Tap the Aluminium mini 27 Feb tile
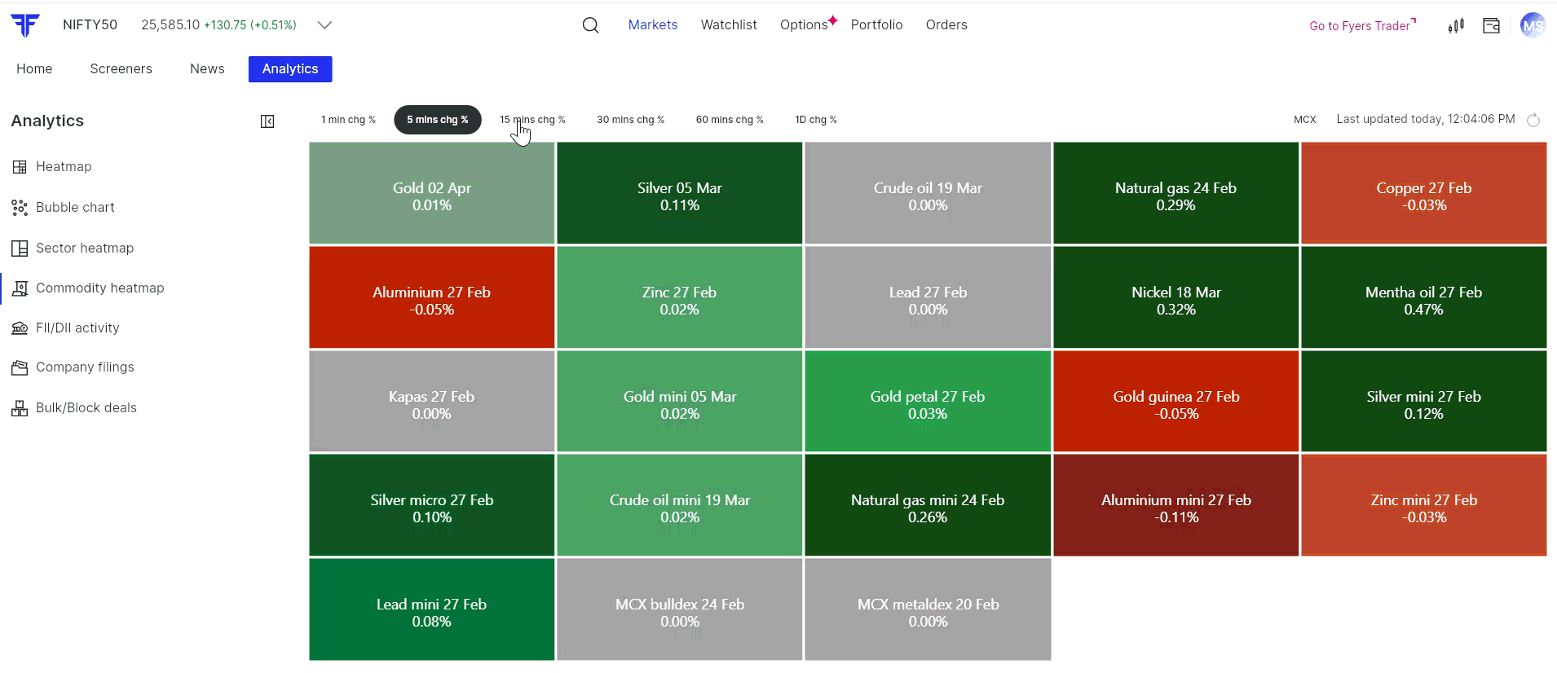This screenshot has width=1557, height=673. point(1175,506)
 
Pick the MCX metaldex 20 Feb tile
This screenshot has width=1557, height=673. point(928,610)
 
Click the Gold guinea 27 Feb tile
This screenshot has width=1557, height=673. point(1175,402)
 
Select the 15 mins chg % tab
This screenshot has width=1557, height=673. point(532,120)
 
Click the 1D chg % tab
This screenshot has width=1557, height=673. point(815,120)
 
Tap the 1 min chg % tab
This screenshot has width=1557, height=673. point(348,120)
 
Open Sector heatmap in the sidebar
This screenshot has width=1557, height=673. point(84,249)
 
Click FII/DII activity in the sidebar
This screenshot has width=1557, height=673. point(77,328)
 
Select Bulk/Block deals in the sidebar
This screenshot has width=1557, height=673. point(86,408)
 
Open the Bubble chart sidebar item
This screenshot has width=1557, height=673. point(75,208)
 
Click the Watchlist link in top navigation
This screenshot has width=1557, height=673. point(729,25)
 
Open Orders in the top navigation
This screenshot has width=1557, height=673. point(946,25)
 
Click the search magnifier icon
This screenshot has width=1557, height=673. point(591,25)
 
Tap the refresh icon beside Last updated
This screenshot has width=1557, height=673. point(1533,121)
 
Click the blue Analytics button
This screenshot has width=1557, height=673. point(290,69)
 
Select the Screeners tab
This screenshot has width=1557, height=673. point(121,69)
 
